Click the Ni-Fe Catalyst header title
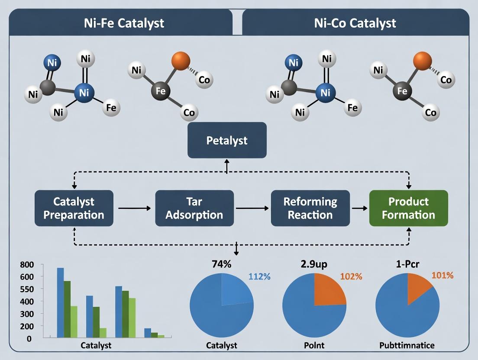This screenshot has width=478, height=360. [124, 22]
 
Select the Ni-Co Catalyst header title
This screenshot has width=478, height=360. [355, 22]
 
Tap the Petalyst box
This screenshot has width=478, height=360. [227, 140]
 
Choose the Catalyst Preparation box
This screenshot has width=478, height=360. [74, 208]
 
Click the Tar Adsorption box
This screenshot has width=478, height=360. [194, 208]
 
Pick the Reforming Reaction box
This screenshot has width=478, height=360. [310, 208]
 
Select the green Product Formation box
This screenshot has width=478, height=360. [408, 208]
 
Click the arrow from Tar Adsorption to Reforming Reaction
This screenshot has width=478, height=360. [252, 209]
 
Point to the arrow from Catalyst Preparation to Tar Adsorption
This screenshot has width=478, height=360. [134, 209]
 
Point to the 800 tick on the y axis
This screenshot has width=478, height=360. [26, 264]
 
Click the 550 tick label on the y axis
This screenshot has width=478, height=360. [26, 289]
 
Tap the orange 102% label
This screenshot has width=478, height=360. [351, 277]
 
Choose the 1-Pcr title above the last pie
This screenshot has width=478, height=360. [407, 264]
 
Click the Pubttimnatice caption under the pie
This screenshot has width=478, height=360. [407, 346]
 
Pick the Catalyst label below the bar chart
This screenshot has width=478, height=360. [96, 345]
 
